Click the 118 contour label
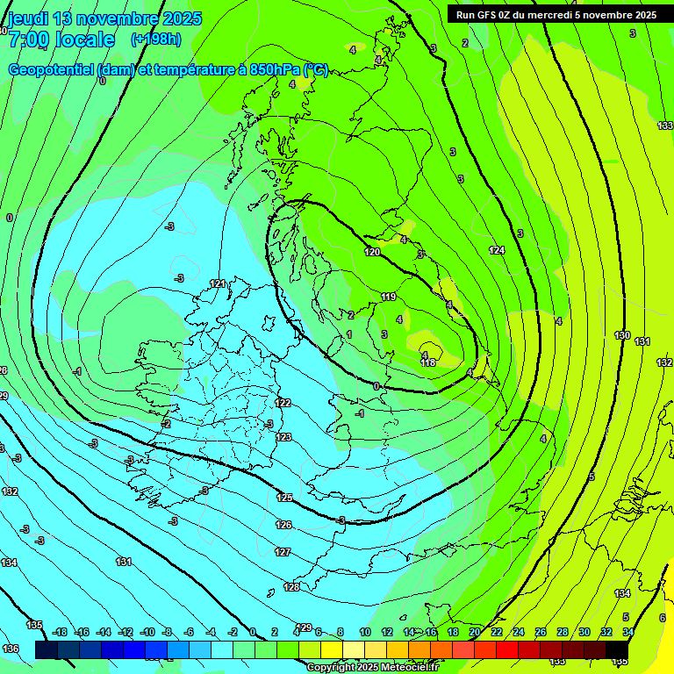428,362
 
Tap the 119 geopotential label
389,298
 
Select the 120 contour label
373,252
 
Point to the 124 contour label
498,251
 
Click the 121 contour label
218,283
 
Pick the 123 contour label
283,437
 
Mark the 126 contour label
283,525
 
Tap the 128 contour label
291,587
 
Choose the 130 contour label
622,335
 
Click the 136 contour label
11,649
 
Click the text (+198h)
156,39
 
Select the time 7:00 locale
61,39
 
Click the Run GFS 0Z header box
560,15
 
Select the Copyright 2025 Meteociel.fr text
372,668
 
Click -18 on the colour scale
60,632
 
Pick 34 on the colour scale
628,632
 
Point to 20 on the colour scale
475,632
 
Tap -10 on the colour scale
147,632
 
